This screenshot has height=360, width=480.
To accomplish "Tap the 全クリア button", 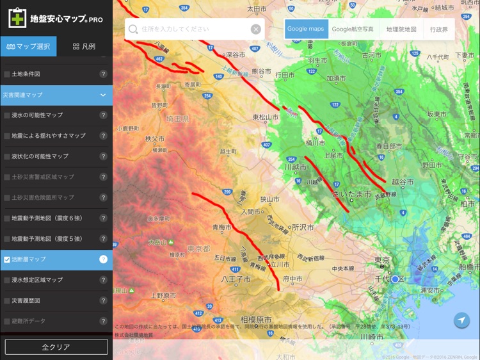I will pyautogui.click(x=56, y=347).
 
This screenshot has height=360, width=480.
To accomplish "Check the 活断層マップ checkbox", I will pyautogui.click(x=7, y=259).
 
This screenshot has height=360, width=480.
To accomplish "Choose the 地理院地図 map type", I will pyautogui.click(x=401, y=29).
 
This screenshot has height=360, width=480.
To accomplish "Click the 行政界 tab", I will pyautogui.click(x=438, y=29).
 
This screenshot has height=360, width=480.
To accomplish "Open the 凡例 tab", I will pyautogui.click(x=84, y=47).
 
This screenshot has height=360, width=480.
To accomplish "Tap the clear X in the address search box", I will pyautogui.click(x=255, y=29).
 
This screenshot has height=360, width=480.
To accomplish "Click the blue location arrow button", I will pyautogui.click(x=461, y=321).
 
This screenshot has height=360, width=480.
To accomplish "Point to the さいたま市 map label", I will pyautogui.click(x=352, y=193).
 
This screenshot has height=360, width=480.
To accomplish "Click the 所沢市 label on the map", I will pyautogui.click(x=302, y=227).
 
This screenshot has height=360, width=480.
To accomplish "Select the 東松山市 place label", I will pyautogui.click(x=265, y=117).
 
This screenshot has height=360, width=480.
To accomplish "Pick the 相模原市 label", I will pyautogui.click(x=256, y=319).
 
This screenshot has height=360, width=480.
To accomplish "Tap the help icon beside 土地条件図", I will pyautogui.click(x=103, y=74).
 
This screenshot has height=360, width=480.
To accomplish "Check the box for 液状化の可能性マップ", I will pyautogui.click(x=7, y=156).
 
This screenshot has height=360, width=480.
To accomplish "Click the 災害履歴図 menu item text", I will pyautogui.click(x=26, y=300).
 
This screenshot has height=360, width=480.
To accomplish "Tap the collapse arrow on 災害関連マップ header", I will pyautogui.click(x=102, y=95).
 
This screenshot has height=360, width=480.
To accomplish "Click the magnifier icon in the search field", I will pyautogui.click(x=133, y=29).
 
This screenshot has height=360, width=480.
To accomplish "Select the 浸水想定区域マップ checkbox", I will pyautogui.click(x=7, y=280).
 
